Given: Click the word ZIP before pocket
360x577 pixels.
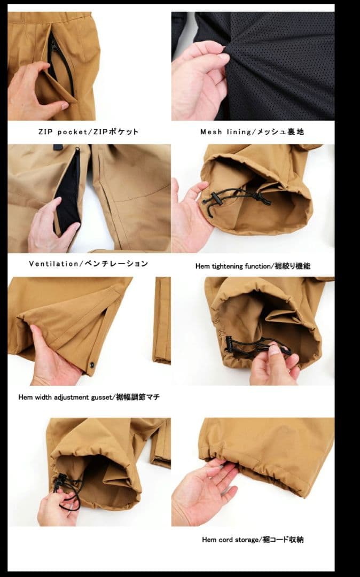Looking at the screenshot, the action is (x=45, y=132).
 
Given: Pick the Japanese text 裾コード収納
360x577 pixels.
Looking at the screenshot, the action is (x=283, y=540).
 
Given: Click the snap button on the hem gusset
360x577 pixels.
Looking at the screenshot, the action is (x=91, y=365).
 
